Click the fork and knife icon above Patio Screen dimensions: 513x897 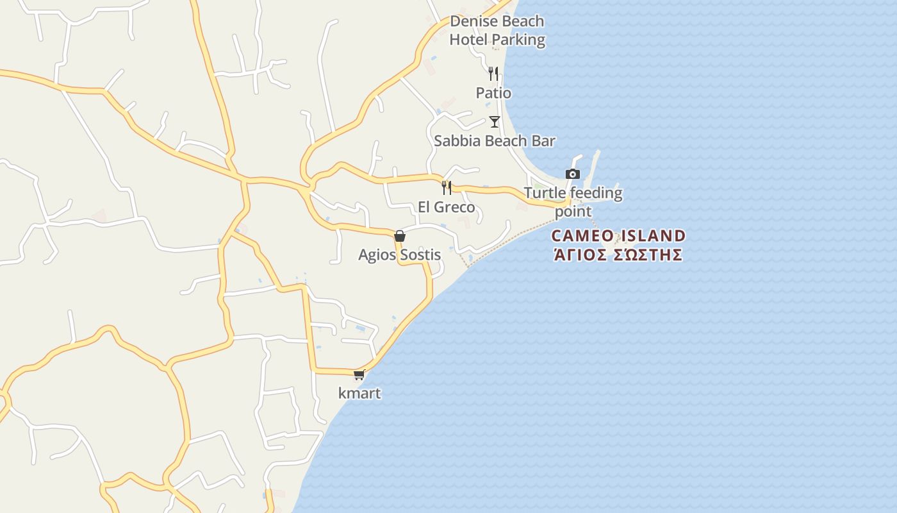pyautogui.click(x=493, y=74)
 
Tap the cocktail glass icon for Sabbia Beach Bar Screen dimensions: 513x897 pyautogui.click(x=495, y=121)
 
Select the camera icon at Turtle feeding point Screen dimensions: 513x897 pyautogui.click(x=573, y=174)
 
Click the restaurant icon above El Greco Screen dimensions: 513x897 pyautogui.click(x=447, y=188)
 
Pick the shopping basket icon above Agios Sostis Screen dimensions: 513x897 pyautogui.click(x=400, y=236)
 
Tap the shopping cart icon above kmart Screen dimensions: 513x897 pyautogui.click(x=359, y=374)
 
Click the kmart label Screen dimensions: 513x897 pyautogui.click(x=359, y=393)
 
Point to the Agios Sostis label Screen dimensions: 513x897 pyautogui.click(x=399, y=255)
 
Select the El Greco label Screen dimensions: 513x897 pyautogui.click(x=447, y=207)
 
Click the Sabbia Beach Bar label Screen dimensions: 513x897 pyautogui.click(x=495, y=141)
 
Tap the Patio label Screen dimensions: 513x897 pyautogui.click(x=493, y=93)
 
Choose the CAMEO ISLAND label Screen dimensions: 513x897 pyautogui.click(x=618, y=235)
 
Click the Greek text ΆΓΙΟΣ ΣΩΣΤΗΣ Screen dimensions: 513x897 pyautogui.click(x=618, y=255)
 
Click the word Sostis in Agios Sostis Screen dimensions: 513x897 pyautogui.click(x=420, y=255)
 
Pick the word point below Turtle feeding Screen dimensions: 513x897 pyautogui.click(x=573, y=212)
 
